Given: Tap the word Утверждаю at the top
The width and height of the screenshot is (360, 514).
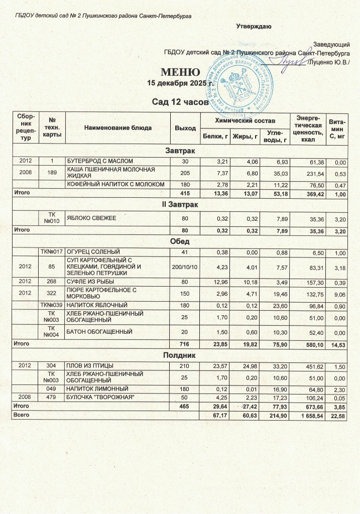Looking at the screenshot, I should pos(254,26).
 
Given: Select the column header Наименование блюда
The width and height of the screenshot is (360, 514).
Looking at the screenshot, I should pos(118,128).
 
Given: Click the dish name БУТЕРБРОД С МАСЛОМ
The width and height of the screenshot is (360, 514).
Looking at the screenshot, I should pos(100,161).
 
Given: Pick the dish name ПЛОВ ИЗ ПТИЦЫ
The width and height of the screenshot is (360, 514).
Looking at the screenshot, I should pos(90,365).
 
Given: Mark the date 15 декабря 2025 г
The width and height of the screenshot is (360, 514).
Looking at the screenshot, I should pos(172,83).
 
